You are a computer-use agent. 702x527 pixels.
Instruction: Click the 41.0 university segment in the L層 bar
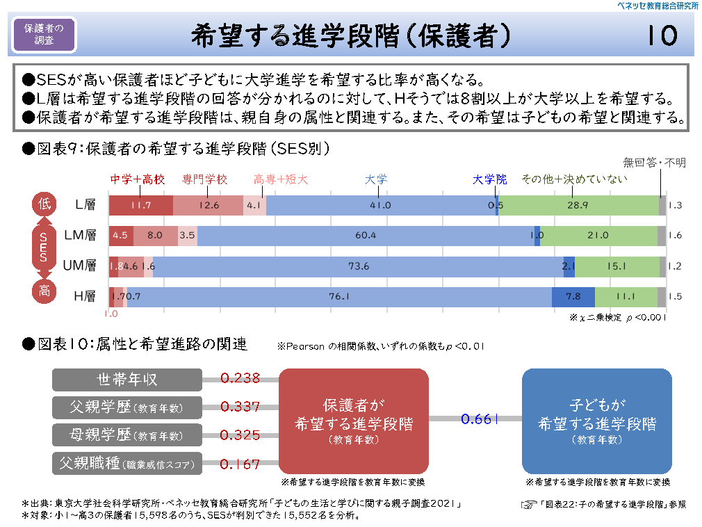click(x=380, y=205)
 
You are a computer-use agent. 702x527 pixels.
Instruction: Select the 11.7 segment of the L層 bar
click(x=140, y=205)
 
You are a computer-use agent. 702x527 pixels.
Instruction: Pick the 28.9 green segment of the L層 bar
click(x=578, y=205)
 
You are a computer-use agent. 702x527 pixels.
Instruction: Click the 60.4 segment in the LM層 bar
click(x=365, y=236)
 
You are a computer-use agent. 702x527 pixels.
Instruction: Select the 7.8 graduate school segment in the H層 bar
click(x=573, y=296)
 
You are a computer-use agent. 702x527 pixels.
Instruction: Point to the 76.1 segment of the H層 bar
click(x=339, y=296)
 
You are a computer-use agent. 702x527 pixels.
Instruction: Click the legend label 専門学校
click(x=205, y=179)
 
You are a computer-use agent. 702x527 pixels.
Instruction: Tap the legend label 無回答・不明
click(x=655, y=163)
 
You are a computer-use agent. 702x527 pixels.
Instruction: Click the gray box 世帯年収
click(x=127, y=379)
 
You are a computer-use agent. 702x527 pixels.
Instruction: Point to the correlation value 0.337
click(x=240, y=407)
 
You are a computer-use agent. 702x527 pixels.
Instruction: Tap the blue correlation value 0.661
click(x=480, y=419)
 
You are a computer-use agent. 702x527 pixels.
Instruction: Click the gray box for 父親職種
click(x=127, y=462)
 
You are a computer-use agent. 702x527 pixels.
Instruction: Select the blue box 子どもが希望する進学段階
click(x=596, y=421)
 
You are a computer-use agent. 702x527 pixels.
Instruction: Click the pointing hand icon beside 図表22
click(x=530, y=503)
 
